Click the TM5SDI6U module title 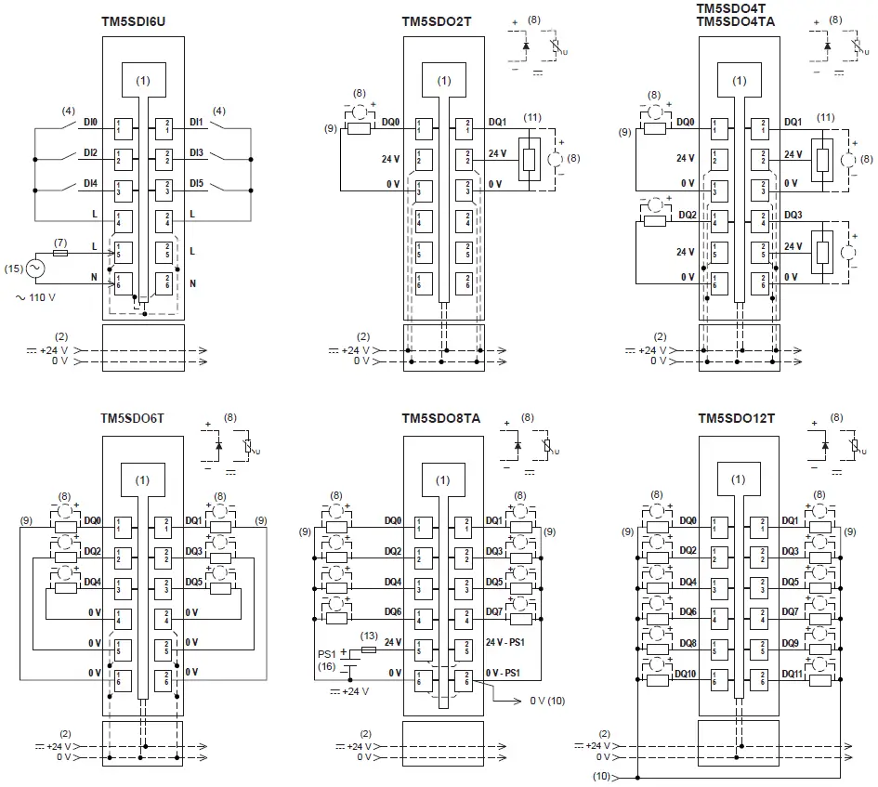pos(141,20)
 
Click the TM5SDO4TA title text pos(738,21)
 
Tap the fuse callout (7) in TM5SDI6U pos(60,241)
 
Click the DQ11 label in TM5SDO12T pos(794,672)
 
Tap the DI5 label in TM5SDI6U pos(196,183)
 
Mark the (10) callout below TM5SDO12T pos(603,775)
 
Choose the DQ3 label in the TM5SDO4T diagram pos(792,214)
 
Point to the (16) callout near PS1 pos(326,666)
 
